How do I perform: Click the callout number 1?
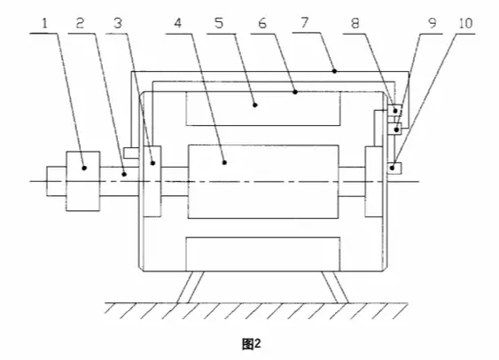[x=44, y=23]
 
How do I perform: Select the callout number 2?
[x=80, y=23]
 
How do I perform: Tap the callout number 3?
[x=118, y=23]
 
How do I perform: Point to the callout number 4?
[x=178, y=23]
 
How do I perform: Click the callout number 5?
[x=219, y=23]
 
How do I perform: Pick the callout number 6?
[x=262, y=23]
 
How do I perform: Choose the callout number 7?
[x=305, y=22]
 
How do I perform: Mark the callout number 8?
[x=355, y=23]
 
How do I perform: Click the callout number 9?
[x=432, y=23]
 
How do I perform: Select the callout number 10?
[x=465, y=23]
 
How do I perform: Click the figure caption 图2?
[x=252, y=344]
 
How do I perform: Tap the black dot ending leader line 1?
[x=84, y=168]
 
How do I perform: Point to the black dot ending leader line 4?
[x=224, y=162]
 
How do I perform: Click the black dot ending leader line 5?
[x=255, y=105]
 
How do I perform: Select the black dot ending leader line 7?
[x=334, y=71]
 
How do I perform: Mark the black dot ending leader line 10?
[x=392, y=168]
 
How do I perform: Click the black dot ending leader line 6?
[x=295, y=92]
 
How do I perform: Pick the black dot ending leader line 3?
[x=152, y=163]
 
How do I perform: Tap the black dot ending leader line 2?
[x=124, y=174]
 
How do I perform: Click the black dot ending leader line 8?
[x=395, y=111]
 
